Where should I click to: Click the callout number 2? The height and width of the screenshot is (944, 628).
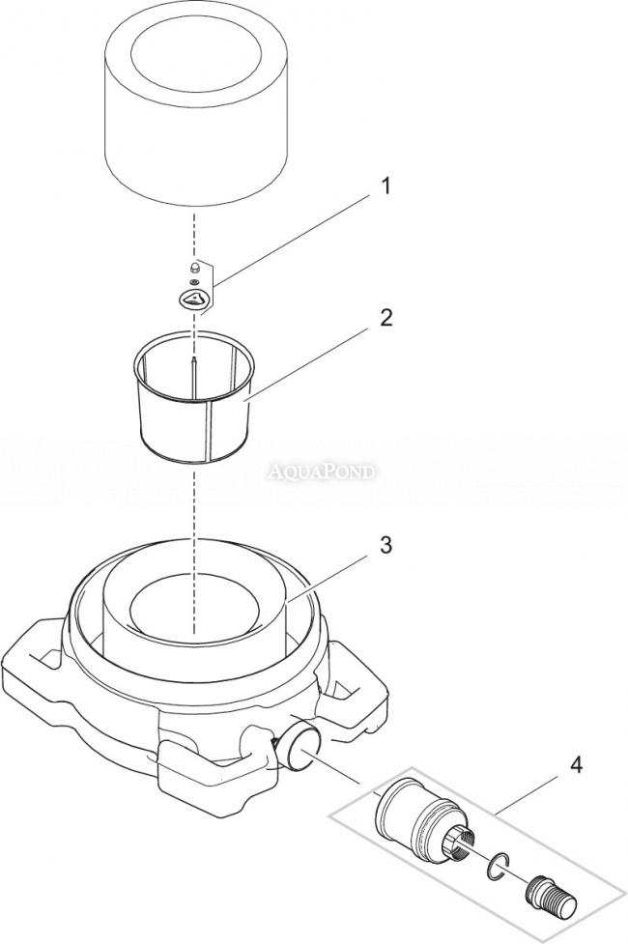(x=385, y=317)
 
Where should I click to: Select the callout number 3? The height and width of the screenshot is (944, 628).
(x=385, y=545)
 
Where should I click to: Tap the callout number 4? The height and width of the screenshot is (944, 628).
(x=576, y=765)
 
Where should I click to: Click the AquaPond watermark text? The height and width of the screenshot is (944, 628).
(x=322, y=472)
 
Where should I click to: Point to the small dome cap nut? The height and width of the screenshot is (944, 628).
(x=194, y=267)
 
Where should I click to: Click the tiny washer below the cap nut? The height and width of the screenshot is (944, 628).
(x=194, y=282)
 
